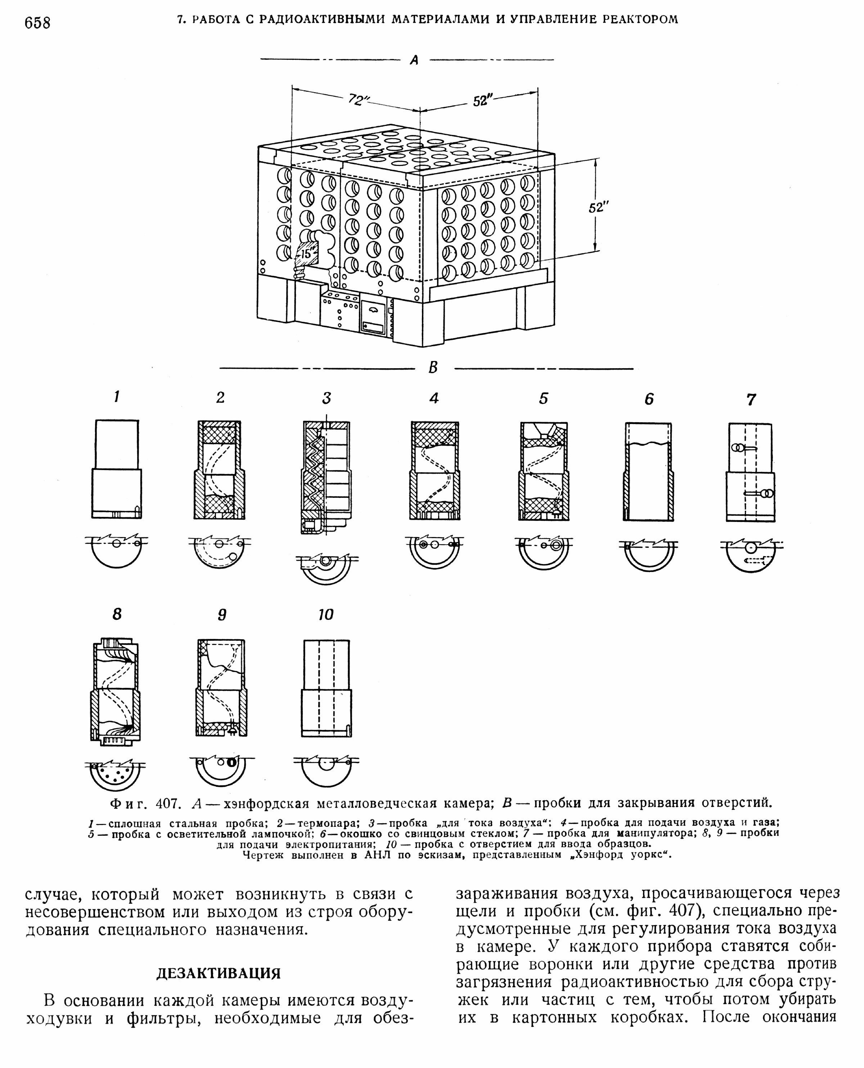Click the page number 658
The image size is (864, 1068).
click(x=37, y=23)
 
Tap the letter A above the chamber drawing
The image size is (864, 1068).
click(x=414, y=60)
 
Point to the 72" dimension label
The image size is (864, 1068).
click(x=357, y=100)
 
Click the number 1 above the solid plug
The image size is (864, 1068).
click(x=117, y=397)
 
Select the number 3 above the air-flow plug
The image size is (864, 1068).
click(x=326, y=398)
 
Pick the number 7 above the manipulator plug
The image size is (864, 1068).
click(x=751, y=399)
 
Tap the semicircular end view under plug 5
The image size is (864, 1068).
click(x=544, y=553)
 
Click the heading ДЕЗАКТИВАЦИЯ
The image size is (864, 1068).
click(x=219, y=973)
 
